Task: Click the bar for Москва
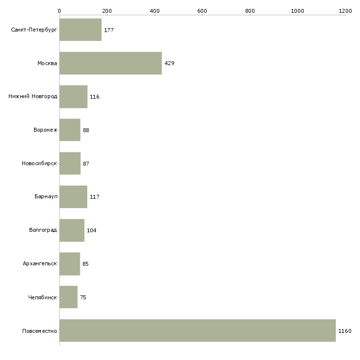[x=110, y=63]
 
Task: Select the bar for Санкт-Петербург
[x=80, y=30]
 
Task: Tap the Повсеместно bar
[x=198, y=330]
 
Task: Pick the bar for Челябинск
[x=69, y=297]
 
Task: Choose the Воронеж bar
[x=70, y=130]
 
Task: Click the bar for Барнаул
[x=73, y=197]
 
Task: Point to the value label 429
[x=170, y=63]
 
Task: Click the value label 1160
[x=345, y=331]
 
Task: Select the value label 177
[x=109, y=30]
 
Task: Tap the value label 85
[x=86, y=264]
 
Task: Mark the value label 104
[x=92, y=230]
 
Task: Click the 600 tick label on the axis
[x=202, y=11]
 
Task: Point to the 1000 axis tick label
[x=297, y=11]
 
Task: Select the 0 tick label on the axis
[x=60, y=11]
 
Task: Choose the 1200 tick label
[x=345, y=11]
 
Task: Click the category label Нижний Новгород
[x=33, y=96]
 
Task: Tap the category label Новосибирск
[x=39, y=163]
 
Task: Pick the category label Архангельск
[x=40, y=263]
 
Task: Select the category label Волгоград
[x=43, y=230]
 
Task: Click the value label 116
[x=95, y=97]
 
